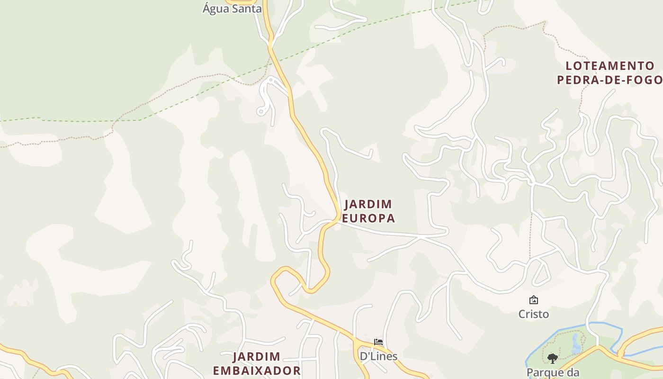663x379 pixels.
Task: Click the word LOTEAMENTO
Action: coord(610,66)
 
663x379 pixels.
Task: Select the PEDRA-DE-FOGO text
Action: coord(609,80)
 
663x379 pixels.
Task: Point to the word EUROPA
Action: coord(368,218)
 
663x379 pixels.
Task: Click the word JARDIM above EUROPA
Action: coord(368,205)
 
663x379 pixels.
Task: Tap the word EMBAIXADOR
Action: coord(257,370)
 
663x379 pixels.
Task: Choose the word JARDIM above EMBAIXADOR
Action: coord(257,357)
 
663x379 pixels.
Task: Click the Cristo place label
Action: coord(533,314)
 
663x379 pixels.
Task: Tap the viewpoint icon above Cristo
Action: coord(533,300)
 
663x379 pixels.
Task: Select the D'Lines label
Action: coord(378,356)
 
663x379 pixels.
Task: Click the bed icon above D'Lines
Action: coord(378,342)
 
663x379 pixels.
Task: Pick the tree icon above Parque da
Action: coord(552,358)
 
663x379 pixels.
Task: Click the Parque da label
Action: coord(552,372)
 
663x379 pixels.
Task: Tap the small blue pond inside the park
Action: coord(576,345)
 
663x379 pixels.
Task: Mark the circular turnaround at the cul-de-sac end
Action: coord(261,111)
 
